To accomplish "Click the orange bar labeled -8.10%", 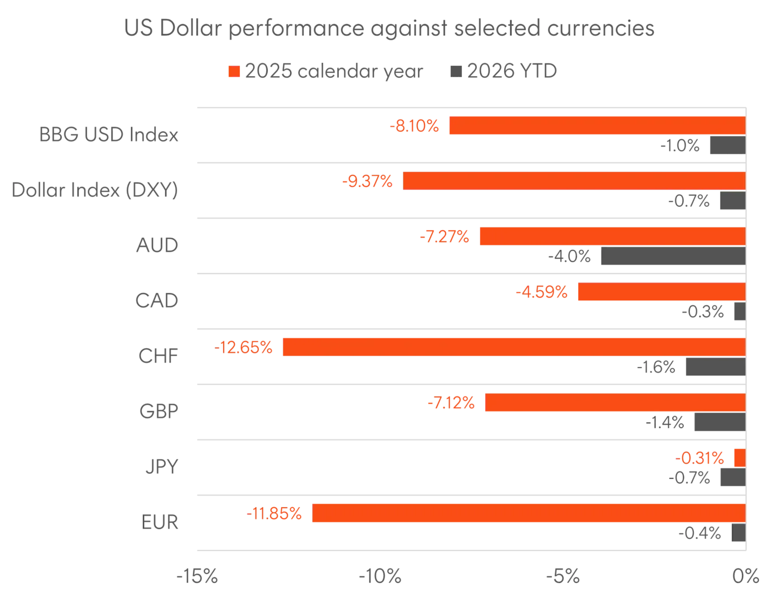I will click(x=596, y=126).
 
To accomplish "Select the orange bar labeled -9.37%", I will click(x=573, y=181).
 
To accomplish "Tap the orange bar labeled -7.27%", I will click(x=612, y=237).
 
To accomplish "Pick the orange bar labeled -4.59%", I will click(x=660, y=291).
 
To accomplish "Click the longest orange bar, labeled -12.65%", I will click(x=513, y=347).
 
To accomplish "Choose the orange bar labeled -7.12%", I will click(x=614, y=402).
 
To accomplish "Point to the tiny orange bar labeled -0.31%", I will click(x=739, y=458).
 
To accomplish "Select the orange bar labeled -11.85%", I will click(x=528, y=513).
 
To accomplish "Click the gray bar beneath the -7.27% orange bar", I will click(x=673, y=257).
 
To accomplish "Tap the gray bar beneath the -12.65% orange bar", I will click(x=715, y=368).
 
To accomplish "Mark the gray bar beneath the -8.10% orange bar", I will click(x=727, y=146).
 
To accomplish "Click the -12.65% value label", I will click(x=244, y=348).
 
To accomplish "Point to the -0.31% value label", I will click(x=699, y=458).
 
